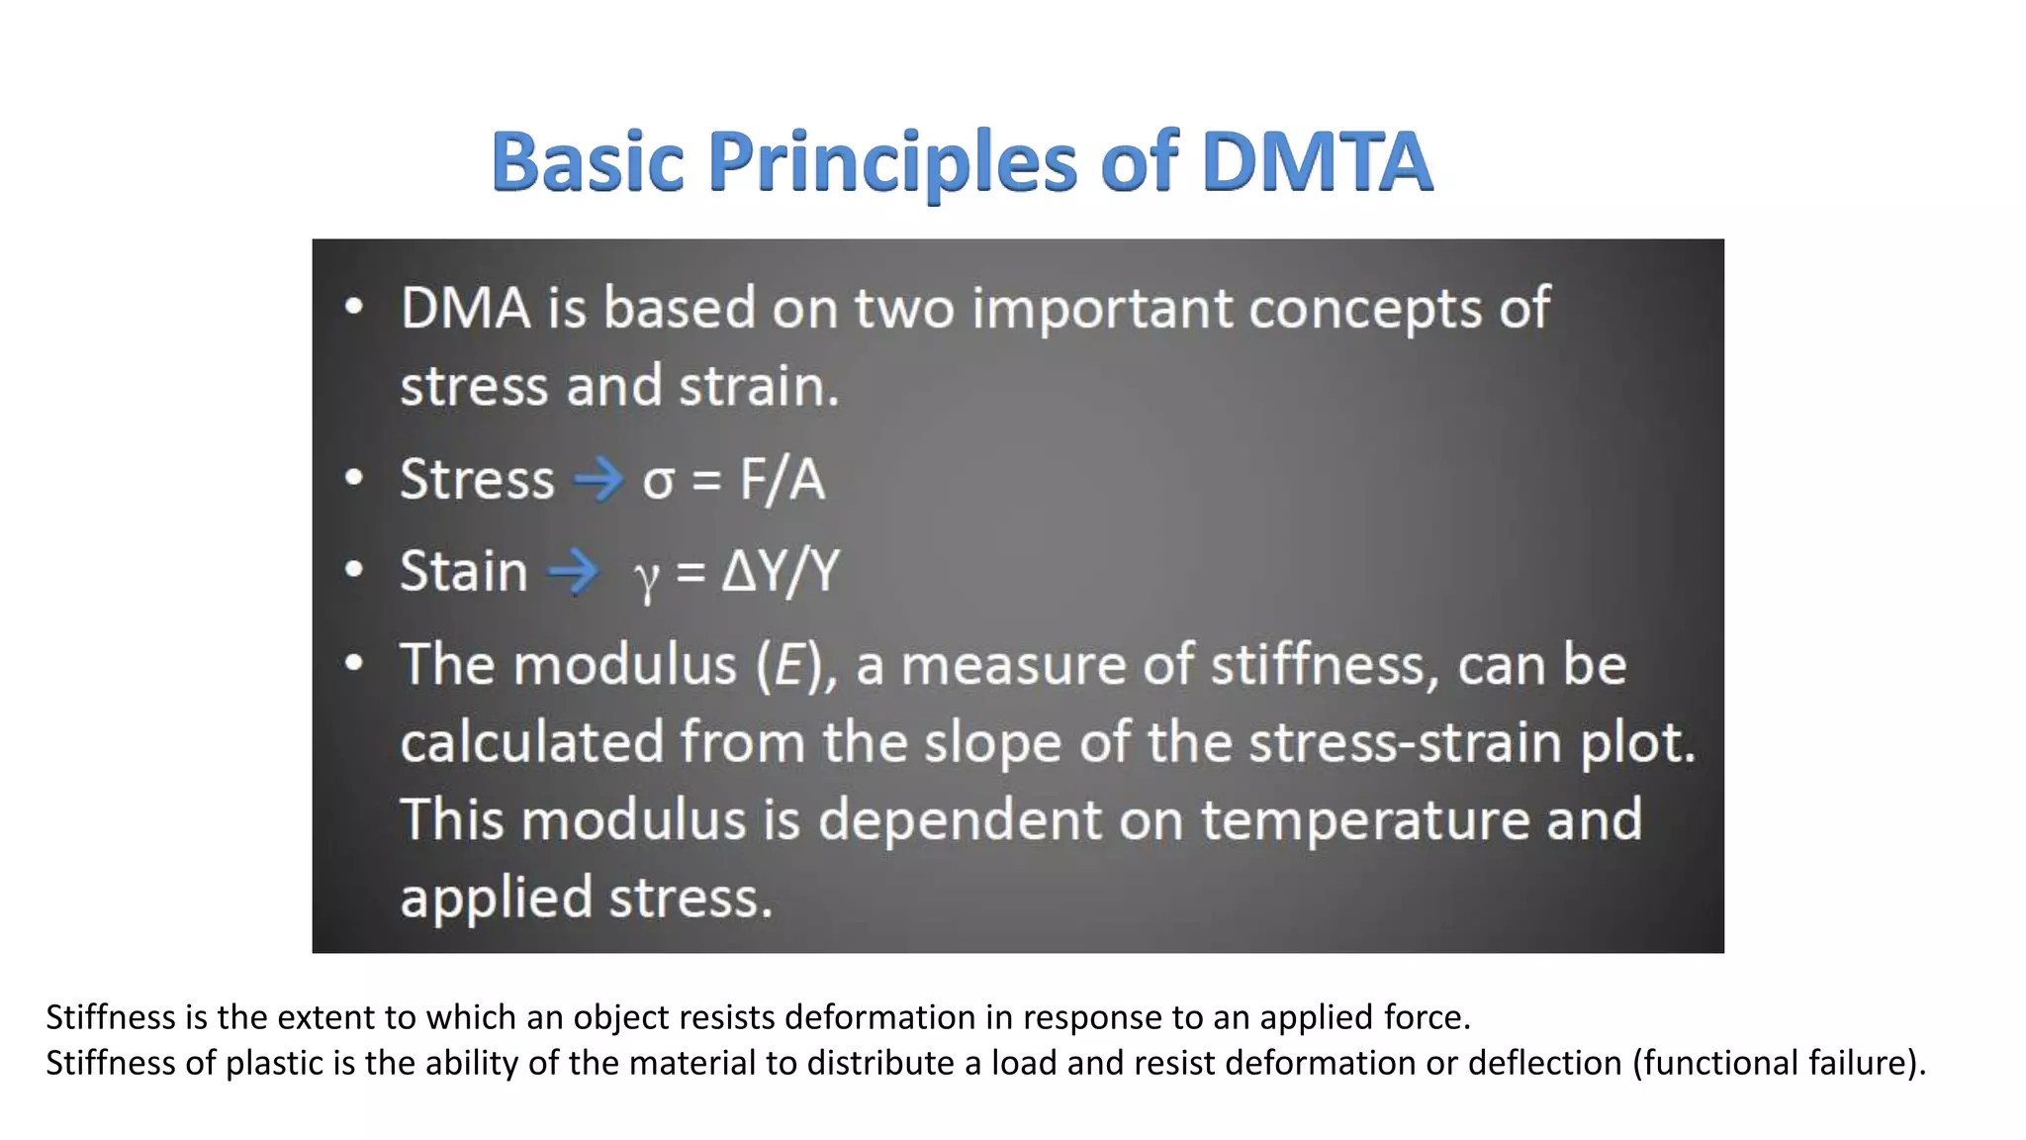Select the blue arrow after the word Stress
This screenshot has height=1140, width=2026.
click(x=599, y=481)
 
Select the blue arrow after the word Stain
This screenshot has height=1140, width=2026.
click(x=574, y=571)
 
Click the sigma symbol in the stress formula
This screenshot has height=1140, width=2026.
click(x=658, y=482)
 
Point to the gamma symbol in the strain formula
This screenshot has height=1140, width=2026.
click(x=646, y=576)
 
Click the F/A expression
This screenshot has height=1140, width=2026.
click(x=782, y=480)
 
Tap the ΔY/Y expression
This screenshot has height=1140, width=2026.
click(x=781, y=571)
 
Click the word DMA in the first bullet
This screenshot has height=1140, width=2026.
click(x=465, y=308)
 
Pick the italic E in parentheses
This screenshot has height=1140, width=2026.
click(x=788, y=664)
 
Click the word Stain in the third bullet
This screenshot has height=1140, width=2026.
click(x=463, y=571)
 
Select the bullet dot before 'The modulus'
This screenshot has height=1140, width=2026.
click(x=354, y=662)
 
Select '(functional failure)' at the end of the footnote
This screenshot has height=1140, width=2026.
click(x=1778, y=1063)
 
